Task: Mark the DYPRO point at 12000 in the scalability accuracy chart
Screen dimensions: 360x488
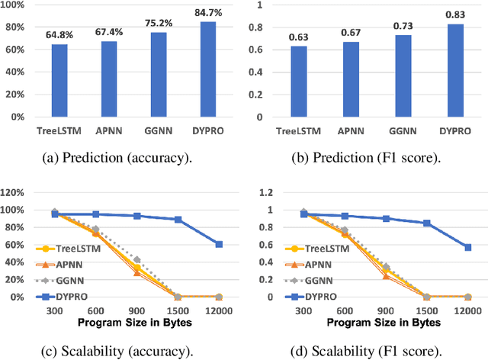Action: pos(219,244)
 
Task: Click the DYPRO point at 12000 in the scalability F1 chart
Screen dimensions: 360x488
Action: pos(467,247)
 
